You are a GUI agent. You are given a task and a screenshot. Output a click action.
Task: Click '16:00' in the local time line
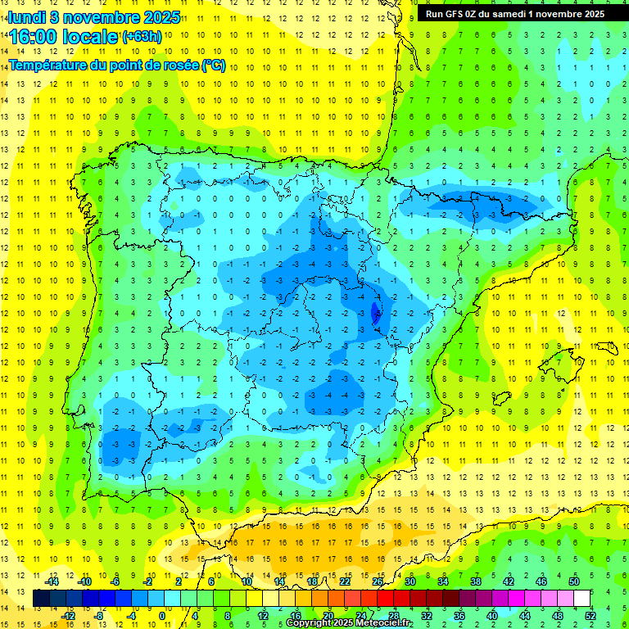33,37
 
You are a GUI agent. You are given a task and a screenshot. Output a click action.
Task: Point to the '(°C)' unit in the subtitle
213,65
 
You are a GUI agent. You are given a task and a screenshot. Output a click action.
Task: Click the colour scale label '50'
573,581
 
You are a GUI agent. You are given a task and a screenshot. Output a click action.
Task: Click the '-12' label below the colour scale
68,616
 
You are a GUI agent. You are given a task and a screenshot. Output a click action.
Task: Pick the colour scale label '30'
410,581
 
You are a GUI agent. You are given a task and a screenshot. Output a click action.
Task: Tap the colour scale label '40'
492,616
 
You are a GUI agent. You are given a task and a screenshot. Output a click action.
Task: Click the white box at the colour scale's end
582,599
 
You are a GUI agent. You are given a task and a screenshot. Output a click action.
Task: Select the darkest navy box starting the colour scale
42,599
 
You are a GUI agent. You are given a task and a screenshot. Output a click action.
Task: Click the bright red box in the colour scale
386,599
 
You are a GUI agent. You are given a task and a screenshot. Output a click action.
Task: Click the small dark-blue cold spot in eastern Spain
377,312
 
